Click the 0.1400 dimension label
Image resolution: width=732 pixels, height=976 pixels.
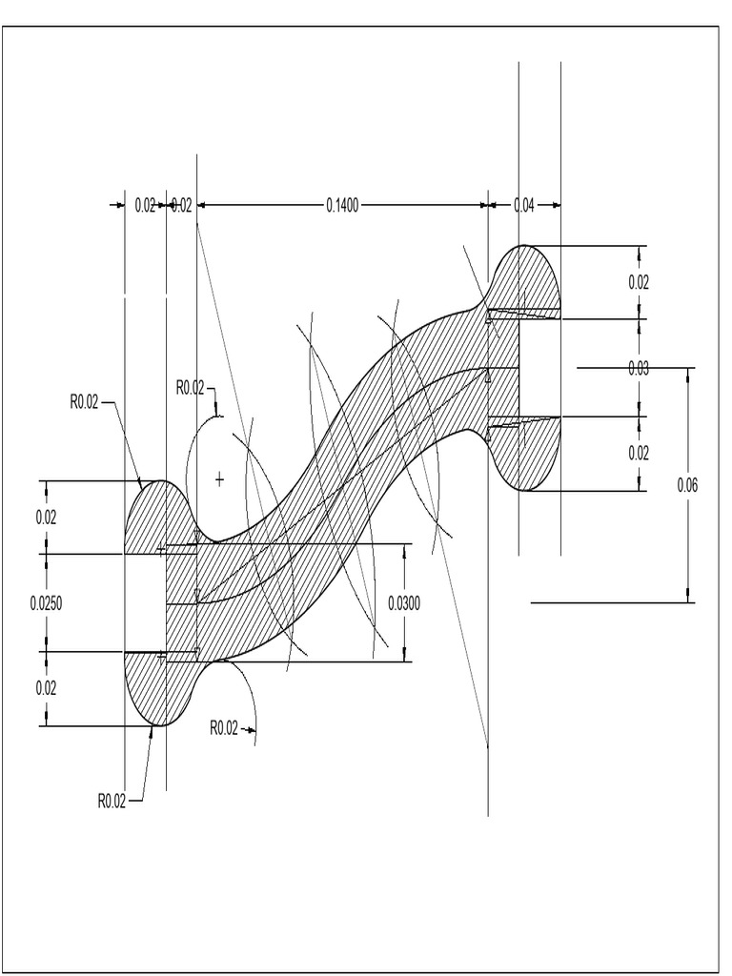(x=342, y=205)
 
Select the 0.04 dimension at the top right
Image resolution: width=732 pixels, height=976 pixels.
(x=523, y=205)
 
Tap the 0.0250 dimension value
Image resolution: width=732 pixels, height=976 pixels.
(x=45, y=602)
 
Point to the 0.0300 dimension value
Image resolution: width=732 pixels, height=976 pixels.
(x=404, y=602)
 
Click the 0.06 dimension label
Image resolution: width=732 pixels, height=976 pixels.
(x=687, y=485)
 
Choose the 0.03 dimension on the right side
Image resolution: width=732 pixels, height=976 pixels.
(x=639, y=369)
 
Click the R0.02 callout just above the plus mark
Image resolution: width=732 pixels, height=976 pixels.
(x=191, y=387)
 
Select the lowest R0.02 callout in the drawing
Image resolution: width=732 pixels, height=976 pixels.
(x=112, y=801)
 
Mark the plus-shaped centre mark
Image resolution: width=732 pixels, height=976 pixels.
(x=220, y=478)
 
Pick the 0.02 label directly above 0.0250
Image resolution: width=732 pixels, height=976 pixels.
(x=45, y=518)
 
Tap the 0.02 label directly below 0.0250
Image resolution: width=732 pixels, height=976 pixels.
(x=45, y=688)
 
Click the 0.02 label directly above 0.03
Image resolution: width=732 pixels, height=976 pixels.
(x=639, y=282)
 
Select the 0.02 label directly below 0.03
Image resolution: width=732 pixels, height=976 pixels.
(x=639, y=453)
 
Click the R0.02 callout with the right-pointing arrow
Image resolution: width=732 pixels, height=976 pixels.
(x=223, y=728)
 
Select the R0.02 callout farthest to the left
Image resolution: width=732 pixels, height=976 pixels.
(x=84, y=402)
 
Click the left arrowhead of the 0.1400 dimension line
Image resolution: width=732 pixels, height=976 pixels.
(x=201, y=205)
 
